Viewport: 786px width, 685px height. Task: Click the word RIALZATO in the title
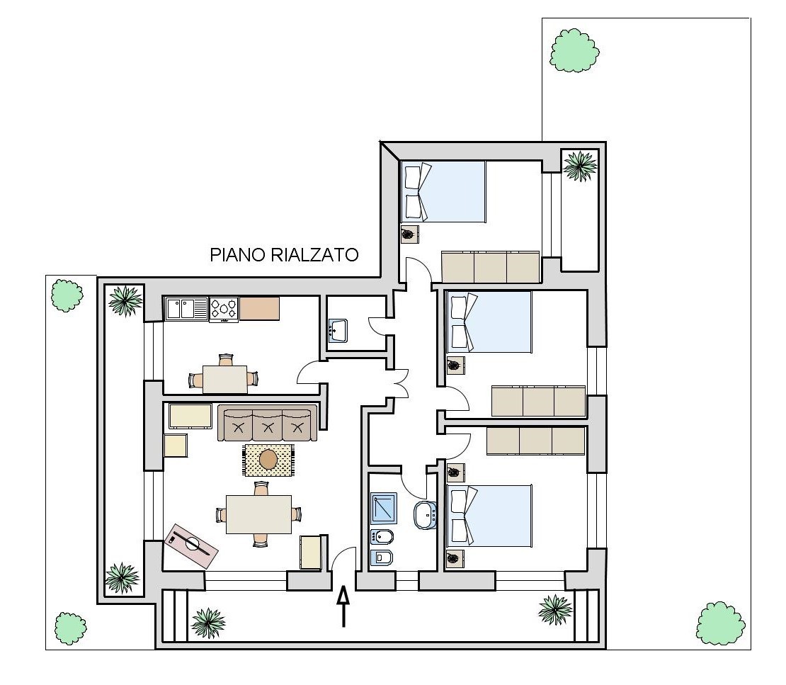coord(315,255)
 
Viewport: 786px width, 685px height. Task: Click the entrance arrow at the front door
coord(343,607)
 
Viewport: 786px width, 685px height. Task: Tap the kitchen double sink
coord(186,309)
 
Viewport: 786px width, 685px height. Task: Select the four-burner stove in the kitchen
coord(224,310)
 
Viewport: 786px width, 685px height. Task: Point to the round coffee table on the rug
coord(268,459)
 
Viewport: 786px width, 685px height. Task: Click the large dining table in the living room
coord(258,514)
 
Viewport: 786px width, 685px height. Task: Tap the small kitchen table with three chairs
coord(224,378)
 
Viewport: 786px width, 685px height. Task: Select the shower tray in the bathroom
coord(384,509)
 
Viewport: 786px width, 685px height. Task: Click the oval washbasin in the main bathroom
coord(426,514)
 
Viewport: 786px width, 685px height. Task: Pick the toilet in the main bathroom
coord(382,557)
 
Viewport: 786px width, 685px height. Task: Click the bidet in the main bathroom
coord(382,538)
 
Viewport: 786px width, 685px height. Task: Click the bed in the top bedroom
coord(443,191)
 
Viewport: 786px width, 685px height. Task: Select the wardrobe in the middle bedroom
coord(538,401)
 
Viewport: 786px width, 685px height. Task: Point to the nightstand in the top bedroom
coord(410,234)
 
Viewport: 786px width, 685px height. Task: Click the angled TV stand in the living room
coord(191,545)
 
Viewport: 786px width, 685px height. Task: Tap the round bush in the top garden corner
coord(574,50)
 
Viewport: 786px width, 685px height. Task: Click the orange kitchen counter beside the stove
coord(259,308)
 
